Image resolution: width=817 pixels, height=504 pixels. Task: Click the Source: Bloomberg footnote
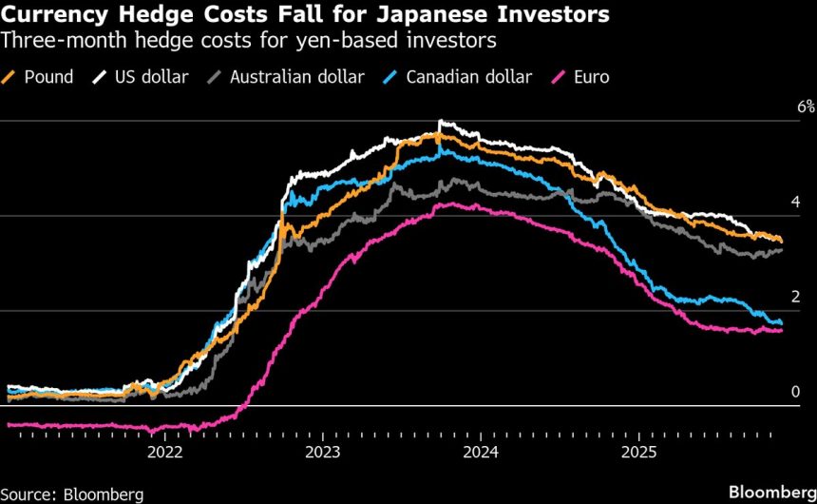(72, 494)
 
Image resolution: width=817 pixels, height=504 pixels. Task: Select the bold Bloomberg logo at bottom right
(771, 492)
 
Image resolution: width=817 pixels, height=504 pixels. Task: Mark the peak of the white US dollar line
(440, 122)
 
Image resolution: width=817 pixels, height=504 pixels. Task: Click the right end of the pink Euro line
(782, 330)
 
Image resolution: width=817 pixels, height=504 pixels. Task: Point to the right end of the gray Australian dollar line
(782, 249)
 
